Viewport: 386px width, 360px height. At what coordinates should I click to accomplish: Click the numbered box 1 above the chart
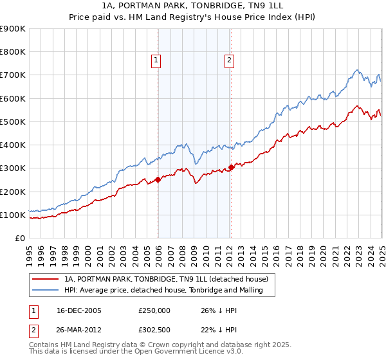coord(156,61)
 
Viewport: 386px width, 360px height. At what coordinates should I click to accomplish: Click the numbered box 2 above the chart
coord(229,61)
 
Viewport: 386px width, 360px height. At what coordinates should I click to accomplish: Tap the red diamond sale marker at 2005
coord(158,180)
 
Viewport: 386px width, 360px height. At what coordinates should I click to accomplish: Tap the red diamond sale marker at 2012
coord(232,168)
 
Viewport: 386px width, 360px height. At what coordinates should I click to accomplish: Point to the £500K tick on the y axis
coord(13,122)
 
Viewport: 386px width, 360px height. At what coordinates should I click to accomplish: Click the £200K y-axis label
coord(13,192)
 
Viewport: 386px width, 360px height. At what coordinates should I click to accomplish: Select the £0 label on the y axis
coord(19,239)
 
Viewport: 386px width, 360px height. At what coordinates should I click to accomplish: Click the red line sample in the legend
coord(46,279)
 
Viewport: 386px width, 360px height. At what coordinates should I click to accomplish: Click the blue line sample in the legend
coord(46,291)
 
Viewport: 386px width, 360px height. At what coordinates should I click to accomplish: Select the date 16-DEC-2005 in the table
coord(79,310)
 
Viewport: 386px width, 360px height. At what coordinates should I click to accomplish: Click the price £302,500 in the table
coord(154,328)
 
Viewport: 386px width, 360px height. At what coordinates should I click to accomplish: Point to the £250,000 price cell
coord(154,310)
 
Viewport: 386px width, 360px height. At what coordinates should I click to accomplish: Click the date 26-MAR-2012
coord(79,328)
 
